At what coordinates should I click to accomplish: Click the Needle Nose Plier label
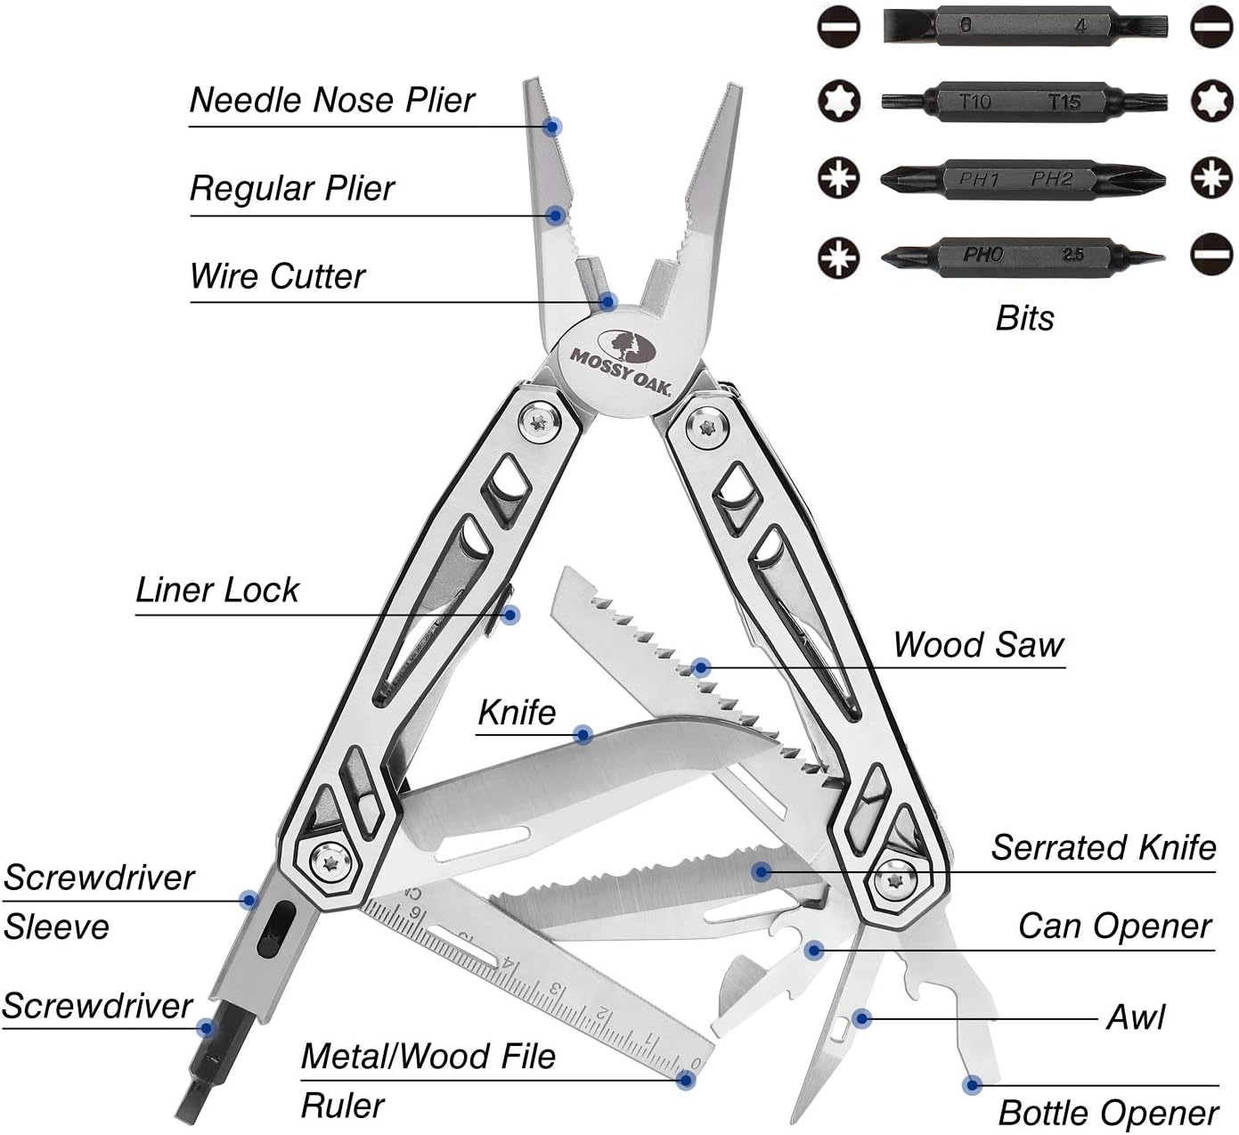(332, 100)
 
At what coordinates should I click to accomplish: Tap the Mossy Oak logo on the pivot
(620, 355)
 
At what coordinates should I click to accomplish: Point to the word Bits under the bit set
(1024, 318)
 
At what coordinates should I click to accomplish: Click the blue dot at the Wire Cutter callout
(608, 301)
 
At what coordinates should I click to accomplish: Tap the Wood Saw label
(978, 644)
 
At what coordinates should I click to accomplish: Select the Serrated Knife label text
(1103, 846)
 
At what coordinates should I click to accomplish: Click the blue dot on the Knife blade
(583, 735)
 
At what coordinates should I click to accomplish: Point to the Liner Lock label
(217, 590)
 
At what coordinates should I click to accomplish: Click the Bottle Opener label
(1107, 1113)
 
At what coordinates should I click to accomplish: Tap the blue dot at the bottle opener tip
(972, 1085)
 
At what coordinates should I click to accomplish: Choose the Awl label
(1135, 1017)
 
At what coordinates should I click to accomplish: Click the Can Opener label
(1114, 926)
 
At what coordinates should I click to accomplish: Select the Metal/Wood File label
(428, 1056)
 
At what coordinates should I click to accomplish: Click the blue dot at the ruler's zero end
(685, 1080)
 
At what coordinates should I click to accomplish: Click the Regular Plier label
(292, 188)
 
